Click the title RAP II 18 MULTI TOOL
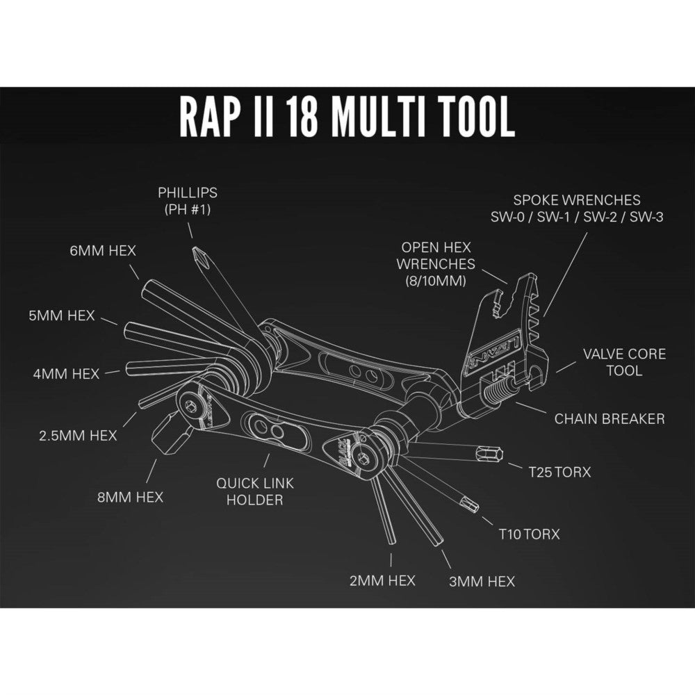coord(347,119)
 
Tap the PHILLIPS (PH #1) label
coord(188,201)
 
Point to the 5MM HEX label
coord(62,315)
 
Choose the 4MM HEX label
coord(66,373)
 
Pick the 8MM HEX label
coord(131,497)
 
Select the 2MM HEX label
coord(382,580)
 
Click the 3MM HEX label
coord(482,580)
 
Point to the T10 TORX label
coord(528,534)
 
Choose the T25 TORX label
coord(559,473)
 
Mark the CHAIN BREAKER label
coord(610,418)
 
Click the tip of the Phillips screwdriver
coord(198,253)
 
